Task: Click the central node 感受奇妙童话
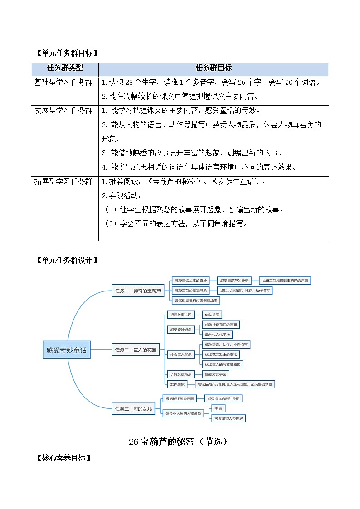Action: pos(66,350)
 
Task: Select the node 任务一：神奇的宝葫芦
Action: pos(138,291)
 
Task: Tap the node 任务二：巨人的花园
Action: pos(135,349)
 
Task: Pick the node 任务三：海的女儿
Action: pos(133,409)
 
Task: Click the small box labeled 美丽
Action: pos(218,409)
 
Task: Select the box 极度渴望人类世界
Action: pos(229,418)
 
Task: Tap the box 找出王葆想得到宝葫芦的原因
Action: pos(285,281)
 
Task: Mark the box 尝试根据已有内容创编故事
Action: pos(195,301)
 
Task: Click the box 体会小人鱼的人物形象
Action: pos(183,414)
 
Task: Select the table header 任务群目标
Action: pos(214,68)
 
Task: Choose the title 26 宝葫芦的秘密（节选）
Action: pos(178,441)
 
